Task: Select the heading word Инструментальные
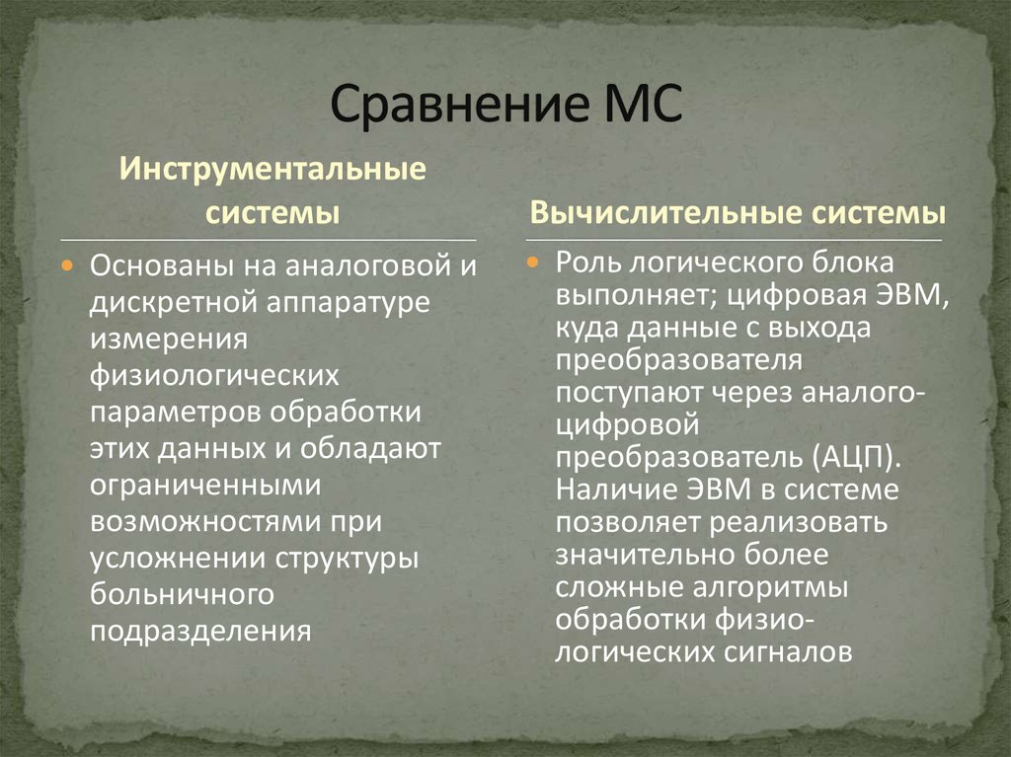[x=273, y=169]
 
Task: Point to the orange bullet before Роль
[x=533, y=265]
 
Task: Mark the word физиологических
[x=215, y=375]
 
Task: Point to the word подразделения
[x=201, y=631]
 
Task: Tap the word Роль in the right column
[x=588, y=264]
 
